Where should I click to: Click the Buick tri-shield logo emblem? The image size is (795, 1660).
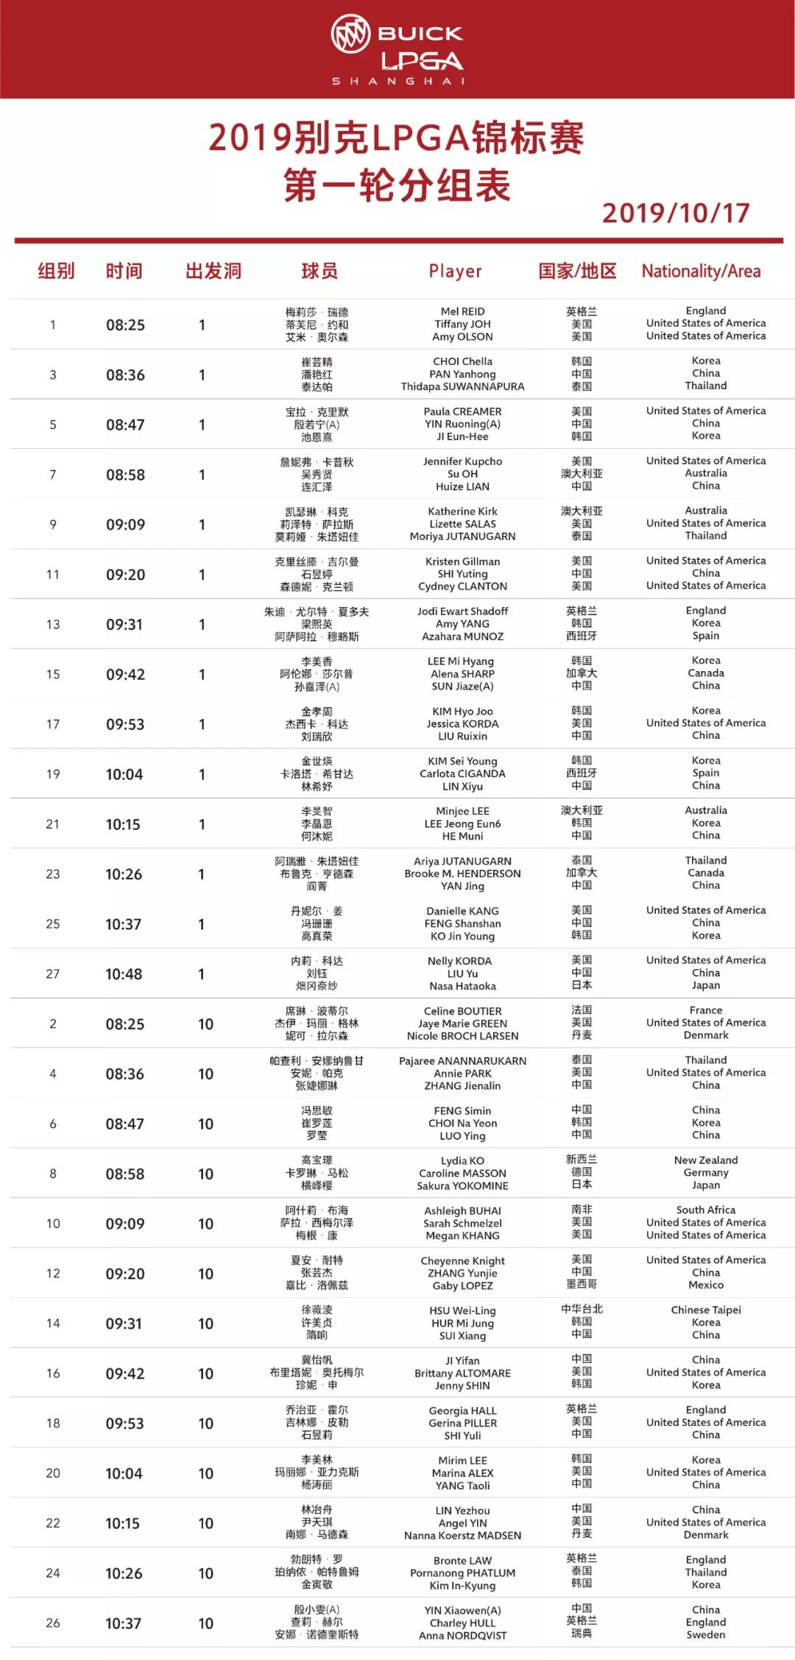(350, 34)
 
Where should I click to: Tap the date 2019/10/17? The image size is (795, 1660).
(675, 213)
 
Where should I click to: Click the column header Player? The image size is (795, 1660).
(455, 272)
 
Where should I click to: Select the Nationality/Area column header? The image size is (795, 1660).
(701, 272)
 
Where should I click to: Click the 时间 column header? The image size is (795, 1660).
(124, 272)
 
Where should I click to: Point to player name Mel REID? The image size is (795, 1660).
(462, 311)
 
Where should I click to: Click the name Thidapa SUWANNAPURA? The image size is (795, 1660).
(462, 387)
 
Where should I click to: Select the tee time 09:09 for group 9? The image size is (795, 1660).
(125, 525)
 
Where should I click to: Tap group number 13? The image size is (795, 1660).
(53, 625)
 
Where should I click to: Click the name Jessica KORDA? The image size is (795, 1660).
(462, 724)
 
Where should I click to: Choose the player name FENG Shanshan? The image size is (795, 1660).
(462, 923)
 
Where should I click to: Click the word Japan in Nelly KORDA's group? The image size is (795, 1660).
(705, 985)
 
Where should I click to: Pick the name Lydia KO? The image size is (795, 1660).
(462, 1160)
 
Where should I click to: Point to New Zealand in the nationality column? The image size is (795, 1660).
(705, 1160)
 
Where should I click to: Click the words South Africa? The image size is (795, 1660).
(705, 1210)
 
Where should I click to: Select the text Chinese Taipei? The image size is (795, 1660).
(705, 1310)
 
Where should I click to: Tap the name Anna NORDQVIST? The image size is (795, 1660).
(462, 1636)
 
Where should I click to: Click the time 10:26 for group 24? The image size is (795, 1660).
(123, 1573)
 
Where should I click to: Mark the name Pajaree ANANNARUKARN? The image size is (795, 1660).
(462, 1061)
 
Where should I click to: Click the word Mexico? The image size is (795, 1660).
(705, 1285)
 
